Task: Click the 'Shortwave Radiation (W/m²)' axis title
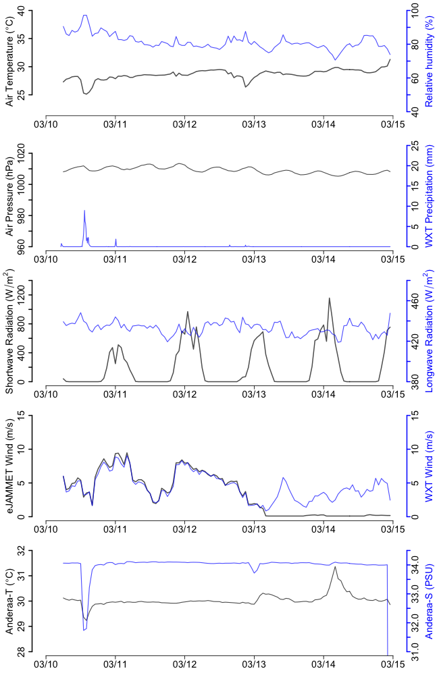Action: [x=9, y=331]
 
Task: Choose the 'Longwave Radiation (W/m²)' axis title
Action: [x=428, y=331]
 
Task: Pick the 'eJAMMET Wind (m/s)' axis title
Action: [x=9, y=466]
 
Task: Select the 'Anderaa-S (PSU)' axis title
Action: [x=428, y=601]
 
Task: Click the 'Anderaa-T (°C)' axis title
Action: [x=9, y=601]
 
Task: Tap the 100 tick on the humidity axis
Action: [x=414, y=12]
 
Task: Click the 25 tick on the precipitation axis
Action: [x=414, y=146]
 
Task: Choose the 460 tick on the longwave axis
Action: [x=414, y=302]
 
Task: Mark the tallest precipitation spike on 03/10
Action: [x=84, y=211]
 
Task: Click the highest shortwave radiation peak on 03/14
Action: [x=330, y=298]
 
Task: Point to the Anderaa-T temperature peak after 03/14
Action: [x=336, y=566]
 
